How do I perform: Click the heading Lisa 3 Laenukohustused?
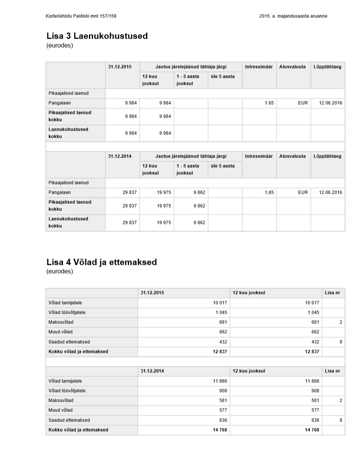[x=97, y=36]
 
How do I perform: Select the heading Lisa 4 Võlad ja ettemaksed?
[x=101, y=262]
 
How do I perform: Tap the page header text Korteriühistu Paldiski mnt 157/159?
[x=81, y=16]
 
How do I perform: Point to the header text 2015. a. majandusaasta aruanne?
[x=293, y=16]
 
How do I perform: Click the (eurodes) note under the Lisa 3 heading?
[x=60, y=45]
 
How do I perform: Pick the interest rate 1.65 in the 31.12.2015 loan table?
[x=269, y=103]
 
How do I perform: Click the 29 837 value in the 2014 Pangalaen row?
[x=129, y=192]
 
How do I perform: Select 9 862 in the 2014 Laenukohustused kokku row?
[x=199, y=223]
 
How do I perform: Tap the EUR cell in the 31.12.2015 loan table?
[x=303, y=103]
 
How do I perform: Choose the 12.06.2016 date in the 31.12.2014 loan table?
[x=330, y=192]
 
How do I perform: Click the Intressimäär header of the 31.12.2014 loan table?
[x=259, y=156]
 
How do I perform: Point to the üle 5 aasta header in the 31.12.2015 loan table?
[x=222, y=76]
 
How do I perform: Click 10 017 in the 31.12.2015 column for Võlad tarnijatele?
[x=220, y=303]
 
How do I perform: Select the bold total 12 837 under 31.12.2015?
[x=220, y=352]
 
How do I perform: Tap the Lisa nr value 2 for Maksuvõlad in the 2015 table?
[x=341, y=322]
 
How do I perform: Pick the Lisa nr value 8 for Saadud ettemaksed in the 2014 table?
[x=341, y=420]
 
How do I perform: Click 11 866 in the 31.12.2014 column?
[x=220, y=381]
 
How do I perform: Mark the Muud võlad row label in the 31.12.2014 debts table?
[x=60, y=410]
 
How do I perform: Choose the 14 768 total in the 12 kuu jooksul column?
[x=312, y=430]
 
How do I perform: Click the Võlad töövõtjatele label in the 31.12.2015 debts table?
[x=67, y=312]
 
